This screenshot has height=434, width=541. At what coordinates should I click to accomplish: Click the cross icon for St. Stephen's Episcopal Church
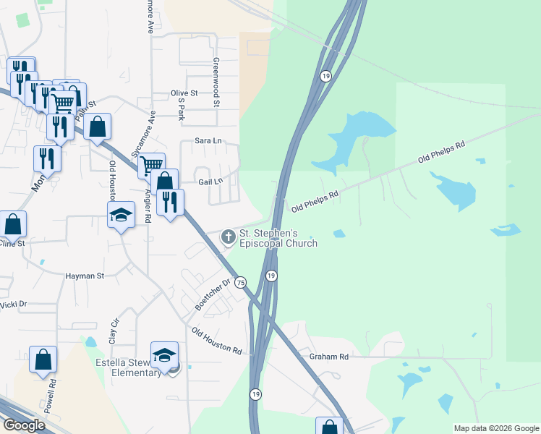(x=229, y=237)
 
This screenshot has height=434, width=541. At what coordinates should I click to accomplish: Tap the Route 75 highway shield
(x=241, y=281)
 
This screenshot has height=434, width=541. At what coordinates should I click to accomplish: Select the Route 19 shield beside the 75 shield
(x=271, y=276)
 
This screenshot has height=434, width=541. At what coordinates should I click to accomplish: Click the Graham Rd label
(x=328, y=357)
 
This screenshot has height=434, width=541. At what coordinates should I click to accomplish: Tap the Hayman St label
(x=85, y=276)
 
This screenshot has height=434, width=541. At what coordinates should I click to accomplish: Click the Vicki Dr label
(x=14, y=305)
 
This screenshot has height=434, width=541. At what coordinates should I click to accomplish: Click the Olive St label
(x=184, y=93)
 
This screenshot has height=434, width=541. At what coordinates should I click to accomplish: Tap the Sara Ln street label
(x=208, y=141)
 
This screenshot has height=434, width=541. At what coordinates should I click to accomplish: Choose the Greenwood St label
(x=216, y=82)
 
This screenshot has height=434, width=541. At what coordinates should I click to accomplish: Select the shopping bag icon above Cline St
(x=12, y=224)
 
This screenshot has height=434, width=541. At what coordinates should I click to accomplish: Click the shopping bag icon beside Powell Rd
(x=43, y=359)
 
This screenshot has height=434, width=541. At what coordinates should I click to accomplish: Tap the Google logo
(x=24, y=425)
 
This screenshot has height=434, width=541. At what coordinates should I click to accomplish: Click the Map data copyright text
(x=495, y=428)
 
